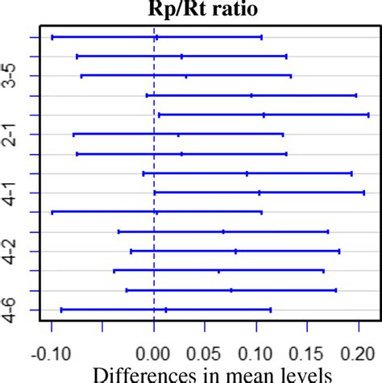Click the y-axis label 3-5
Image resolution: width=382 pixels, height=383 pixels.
pyautogui.click(x=12, y=76)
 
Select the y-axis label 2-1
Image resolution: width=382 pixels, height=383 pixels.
pyautogui.click(x=12, y=134)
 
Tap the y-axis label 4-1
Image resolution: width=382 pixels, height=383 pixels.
pyautogui.click(x=12, y=193)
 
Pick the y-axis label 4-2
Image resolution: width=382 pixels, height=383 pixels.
pyautogui.click(x=12, y=251)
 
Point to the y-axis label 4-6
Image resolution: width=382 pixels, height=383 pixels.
pyautogui.click(x=12, y=310)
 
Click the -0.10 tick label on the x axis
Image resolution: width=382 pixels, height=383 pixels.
pyautogui.click(x=52, y=352)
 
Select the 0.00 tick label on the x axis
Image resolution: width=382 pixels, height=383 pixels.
pyautogui.click(x=154, y=352)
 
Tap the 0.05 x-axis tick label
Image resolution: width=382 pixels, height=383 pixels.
pyautogui.click(x=206, y=352)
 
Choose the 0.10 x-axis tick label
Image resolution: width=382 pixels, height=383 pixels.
pyautogui.click(x=256, y=352)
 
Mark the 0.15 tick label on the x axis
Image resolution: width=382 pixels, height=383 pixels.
pyautogui.click(x=308, y=352)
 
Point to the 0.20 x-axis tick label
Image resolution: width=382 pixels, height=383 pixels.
pyautogui.click(x=359, y=352)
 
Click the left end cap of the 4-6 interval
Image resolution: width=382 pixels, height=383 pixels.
pyautogui.click(x=61, y=310)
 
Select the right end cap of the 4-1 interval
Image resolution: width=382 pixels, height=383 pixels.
pyautogui.click(x=364, y=193)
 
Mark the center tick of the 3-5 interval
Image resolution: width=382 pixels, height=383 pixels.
pyautogui.click(x=186, y=76)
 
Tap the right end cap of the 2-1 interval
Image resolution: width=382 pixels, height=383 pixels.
pyautogui.click(x=283, y=134)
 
